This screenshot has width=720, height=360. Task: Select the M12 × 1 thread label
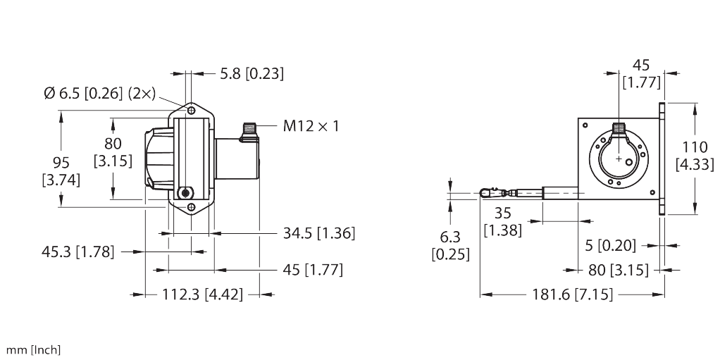(x=311, y=127)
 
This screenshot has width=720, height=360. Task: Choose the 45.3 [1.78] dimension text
(x=77, y=251)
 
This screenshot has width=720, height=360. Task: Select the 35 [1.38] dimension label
(x=502, y=222)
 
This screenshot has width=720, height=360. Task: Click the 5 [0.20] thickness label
(x=610, y=246)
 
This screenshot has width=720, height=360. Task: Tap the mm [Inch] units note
(x=34, y=349)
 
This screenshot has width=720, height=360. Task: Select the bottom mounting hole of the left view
(x=192, y=207)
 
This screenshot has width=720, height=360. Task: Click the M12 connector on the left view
(x=249, y=130)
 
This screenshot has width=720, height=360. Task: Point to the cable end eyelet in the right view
(x=485, y=192)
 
